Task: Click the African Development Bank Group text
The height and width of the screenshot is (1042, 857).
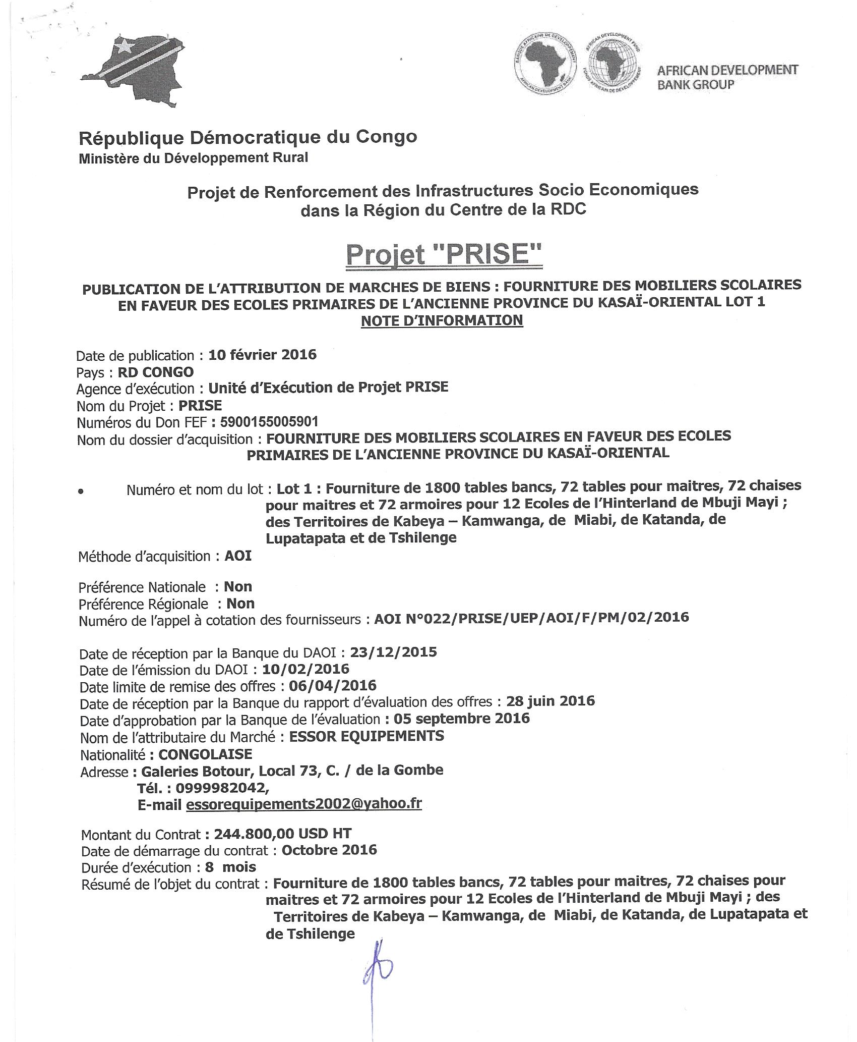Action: pyautogui.click(x=727, y=77)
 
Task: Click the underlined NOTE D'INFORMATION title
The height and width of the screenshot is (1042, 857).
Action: pyautogui.click(x=442, y=320)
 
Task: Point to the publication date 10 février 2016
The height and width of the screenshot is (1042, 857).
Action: pyautogui.click(x=262, y=355)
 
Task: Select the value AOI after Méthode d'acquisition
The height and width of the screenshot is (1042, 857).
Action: pyautogui.click(x=238, y=556)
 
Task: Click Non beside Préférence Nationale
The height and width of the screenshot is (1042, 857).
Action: pyautogui.click(x=237, y=586)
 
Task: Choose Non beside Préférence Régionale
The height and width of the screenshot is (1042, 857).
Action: pyautogui.click(x=240, y=604)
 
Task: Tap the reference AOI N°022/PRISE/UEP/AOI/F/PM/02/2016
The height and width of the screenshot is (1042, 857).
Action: pyautogui.click(x=531, y=617)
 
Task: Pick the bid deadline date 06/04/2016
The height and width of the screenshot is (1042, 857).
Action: pyautogui.click(x=332, y=685)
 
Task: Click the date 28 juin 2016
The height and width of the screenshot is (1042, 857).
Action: pyautogui.click(x=550, y=701)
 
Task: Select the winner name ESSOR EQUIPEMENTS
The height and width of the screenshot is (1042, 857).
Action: pyautogui.click(x=366, y=736)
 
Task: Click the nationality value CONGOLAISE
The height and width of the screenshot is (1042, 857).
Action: pyautogui.click(x=205, y=754)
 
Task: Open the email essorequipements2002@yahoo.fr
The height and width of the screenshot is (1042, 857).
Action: pyautogui.click(x=303, y=804)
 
